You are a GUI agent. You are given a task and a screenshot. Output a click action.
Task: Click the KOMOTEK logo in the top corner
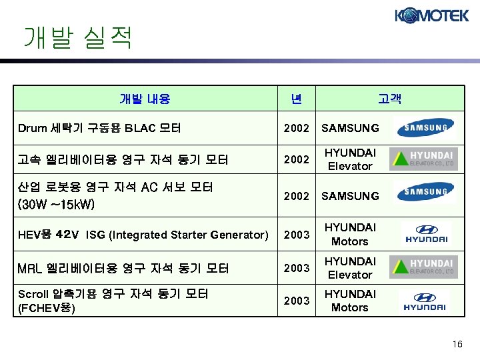(x=431, y=15)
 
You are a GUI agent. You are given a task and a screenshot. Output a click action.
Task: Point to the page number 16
(x=457, y=343)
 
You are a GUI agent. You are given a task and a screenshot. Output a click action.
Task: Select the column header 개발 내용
(x=145, y=99)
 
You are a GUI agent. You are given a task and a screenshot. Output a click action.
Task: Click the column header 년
(x=296, y=99)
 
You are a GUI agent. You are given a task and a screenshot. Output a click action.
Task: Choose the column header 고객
(x=389, y=99)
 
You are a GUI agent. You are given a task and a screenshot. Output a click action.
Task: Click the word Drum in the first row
(x=32, y=127)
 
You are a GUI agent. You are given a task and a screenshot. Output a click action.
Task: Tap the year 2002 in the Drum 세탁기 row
(x=297, y=128)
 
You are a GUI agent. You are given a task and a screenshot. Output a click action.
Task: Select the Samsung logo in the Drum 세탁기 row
(x=424, y=127)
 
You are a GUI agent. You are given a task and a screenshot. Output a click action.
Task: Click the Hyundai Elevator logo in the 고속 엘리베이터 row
(x=424, y=159)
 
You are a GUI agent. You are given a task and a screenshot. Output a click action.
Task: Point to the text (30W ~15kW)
(x=56, y=203)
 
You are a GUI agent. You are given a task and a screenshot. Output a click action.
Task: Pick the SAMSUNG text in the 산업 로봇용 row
(x=350, y=196)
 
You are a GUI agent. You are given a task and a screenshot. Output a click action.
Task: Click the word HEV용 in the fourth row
(x=35, y=235)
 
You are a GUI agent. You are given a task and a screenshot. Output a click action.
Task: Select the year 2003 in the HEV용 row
(x=297, y=235)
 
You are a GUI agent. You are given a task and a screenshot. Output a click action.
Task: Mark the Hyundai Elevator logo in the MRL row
(x=424, y=267)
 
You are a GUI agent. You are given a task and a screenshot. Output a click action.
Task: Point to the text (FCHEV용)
(x=46, y=308)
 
